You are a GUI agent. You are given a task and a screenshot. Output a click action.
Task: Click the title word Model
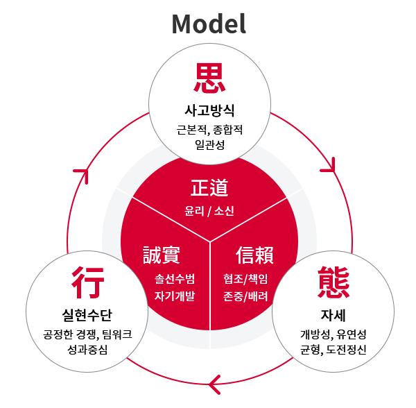[209, 24]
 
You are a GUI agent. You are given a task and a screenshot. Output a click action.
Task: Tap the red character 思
[209, 78]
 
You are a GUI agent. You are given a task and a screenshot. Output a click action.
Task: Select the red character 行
[87, 282]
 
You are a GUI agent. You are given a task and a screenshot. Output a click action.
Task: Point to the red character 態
[333, 282]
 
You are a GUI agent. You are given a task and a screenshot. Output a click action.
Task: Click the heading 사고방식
[209, 111]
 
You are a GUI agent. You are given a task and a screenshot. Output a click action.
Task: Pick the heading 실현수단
[87, 315]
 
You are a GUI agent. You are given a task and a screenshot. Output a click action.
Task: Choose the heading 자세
[333, 315]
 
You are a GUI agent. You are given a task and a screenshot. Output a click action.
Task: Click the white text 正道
[209, 187]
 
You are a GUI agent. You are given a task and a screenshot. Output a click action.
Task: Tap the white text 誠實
[162, 255]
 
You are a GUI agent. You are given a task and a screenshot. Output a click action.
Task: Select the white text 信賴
[254, 255]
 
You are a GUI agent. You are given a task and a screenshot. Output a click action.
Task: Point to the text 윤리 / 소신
[209, 212]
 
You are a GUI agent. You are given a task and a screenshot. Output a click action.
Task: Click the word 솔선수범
[175, 279]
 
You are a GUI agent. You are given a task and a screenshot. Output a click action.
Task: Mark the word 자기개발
[175, 296]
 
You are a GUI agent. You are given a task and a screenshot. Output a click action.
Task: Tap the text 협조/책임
[245, 279]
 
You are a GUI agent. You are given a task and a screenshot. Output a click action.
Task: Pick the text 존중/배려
[245, 296]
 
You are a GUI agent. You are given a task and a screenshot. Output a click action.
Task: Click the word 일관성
[209, 145]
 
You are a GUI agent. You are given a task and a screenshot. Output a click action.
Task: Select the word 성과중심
[87, 350]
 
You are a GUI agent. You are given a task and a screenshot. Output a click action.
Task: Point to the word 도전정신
[346, 350]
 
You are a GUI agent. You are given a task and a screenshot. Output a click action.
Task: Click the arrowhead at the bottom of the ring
[214, 384]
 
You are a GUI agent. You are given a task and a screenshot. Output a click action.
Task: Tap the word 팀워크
[116, 334]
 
